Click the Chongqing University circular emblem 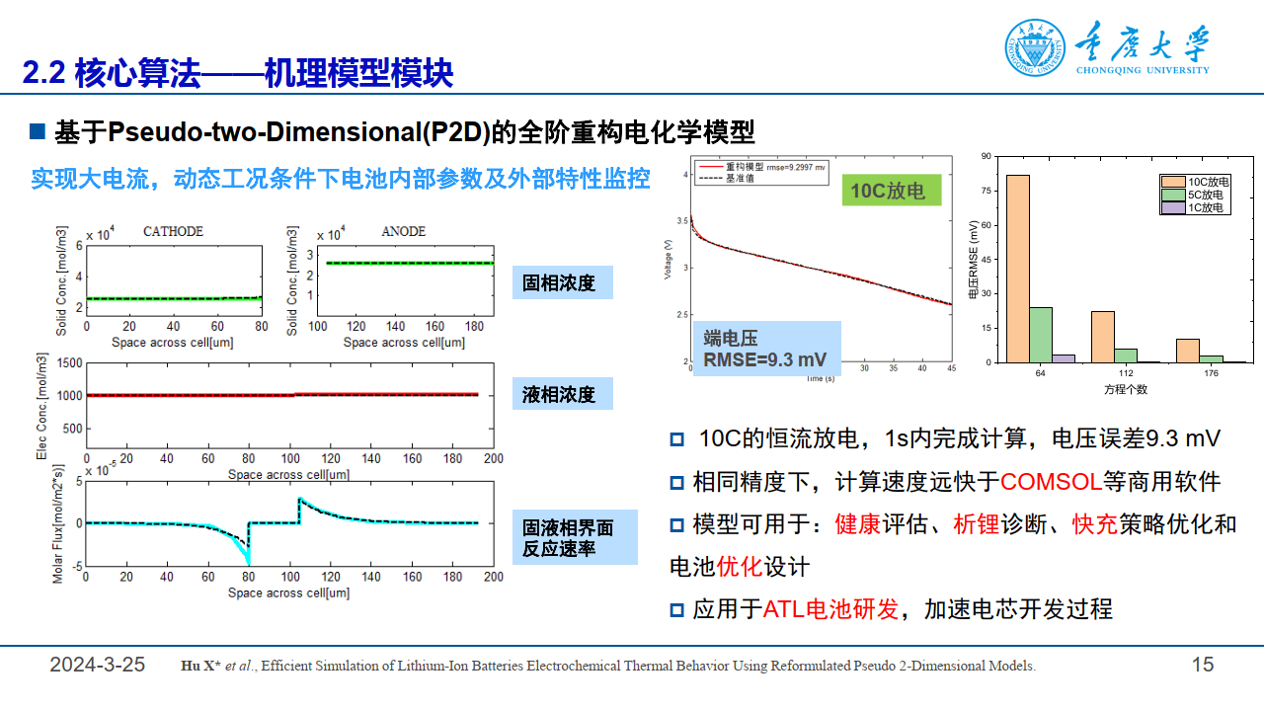(1036, 48)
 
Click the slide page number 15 (1203, 665)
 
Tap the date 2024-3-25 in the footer (98, 665)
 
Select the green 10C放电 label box (888, 190)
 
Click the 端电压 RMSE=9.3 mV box (766, 349)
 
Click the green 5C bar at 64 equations (1041, 335)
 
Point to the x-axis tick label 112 (1126, 373)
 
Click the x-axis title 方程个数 (1126, 389)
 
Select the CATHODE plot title (174, 232)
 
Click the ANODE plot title (403, 232)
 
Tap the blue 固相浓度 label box (562, 283)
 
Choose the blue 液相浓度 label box (562, 395)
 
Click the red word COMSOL (1051, 482)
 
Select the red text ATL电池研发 (830, 609)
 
